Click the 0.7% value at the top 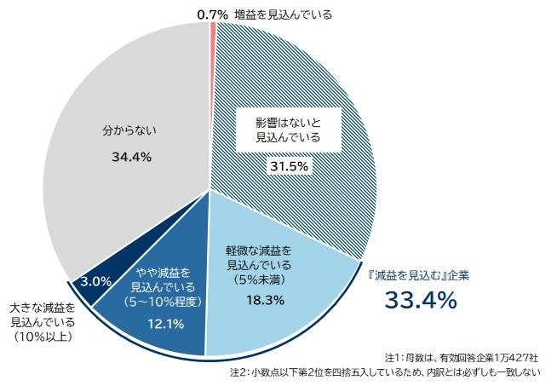click(x=211, y=14)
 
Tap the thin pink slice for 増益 click(x=211, y=34)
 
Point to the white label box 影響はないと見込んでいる click(x=287, y=130)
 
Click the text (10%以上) click(x=43, y=338)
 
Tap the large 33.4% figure click(x=421, y=301)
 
